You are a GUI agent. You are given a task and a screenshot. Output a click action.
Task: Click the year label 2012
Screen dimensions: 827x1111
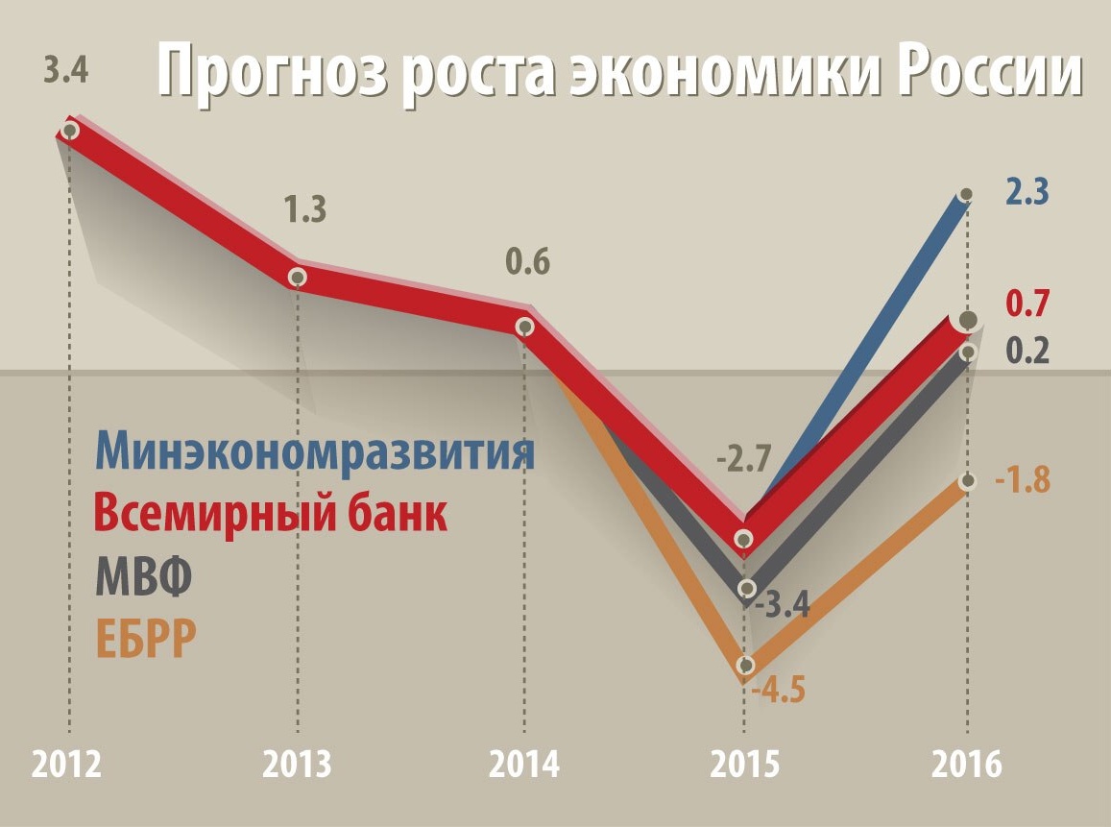coord(68,766)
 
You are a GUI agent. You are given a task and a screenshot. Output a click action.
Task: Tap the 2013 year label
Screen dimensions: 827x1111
coord(298,766)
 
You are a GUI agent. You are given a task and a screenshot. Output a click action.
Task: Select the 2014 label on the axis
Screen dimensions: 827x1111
coord(524,766)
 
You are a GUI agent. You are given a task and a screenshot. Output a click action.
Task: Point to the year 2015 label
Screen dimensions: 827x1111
coord(745,766)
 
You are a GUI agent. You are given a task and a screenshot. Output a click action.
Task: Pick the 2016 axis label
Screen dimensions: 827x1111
coord(967,766)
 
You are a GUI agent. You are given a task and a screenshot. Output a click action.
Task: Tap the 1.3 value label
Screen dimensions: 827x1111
coord(303,208)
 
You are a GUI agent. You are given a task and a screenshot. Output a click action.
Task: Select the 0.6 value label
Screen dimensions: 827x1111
coord(528,261)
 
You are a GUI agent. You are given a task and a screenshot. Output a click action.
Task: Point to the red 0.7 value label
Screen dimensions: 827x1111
coord(1026,304)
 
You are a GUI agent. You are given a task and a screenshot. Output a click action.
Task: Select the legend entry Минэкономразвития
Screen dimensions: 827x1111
coord(315,451)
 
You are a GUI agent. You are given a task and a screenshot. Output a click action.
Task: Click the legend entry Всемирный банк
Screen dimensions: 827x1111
coord(273,515)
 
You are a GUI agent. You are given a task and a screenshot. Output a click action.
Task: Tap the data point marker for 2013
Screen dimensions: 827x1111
coord(298,278)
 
